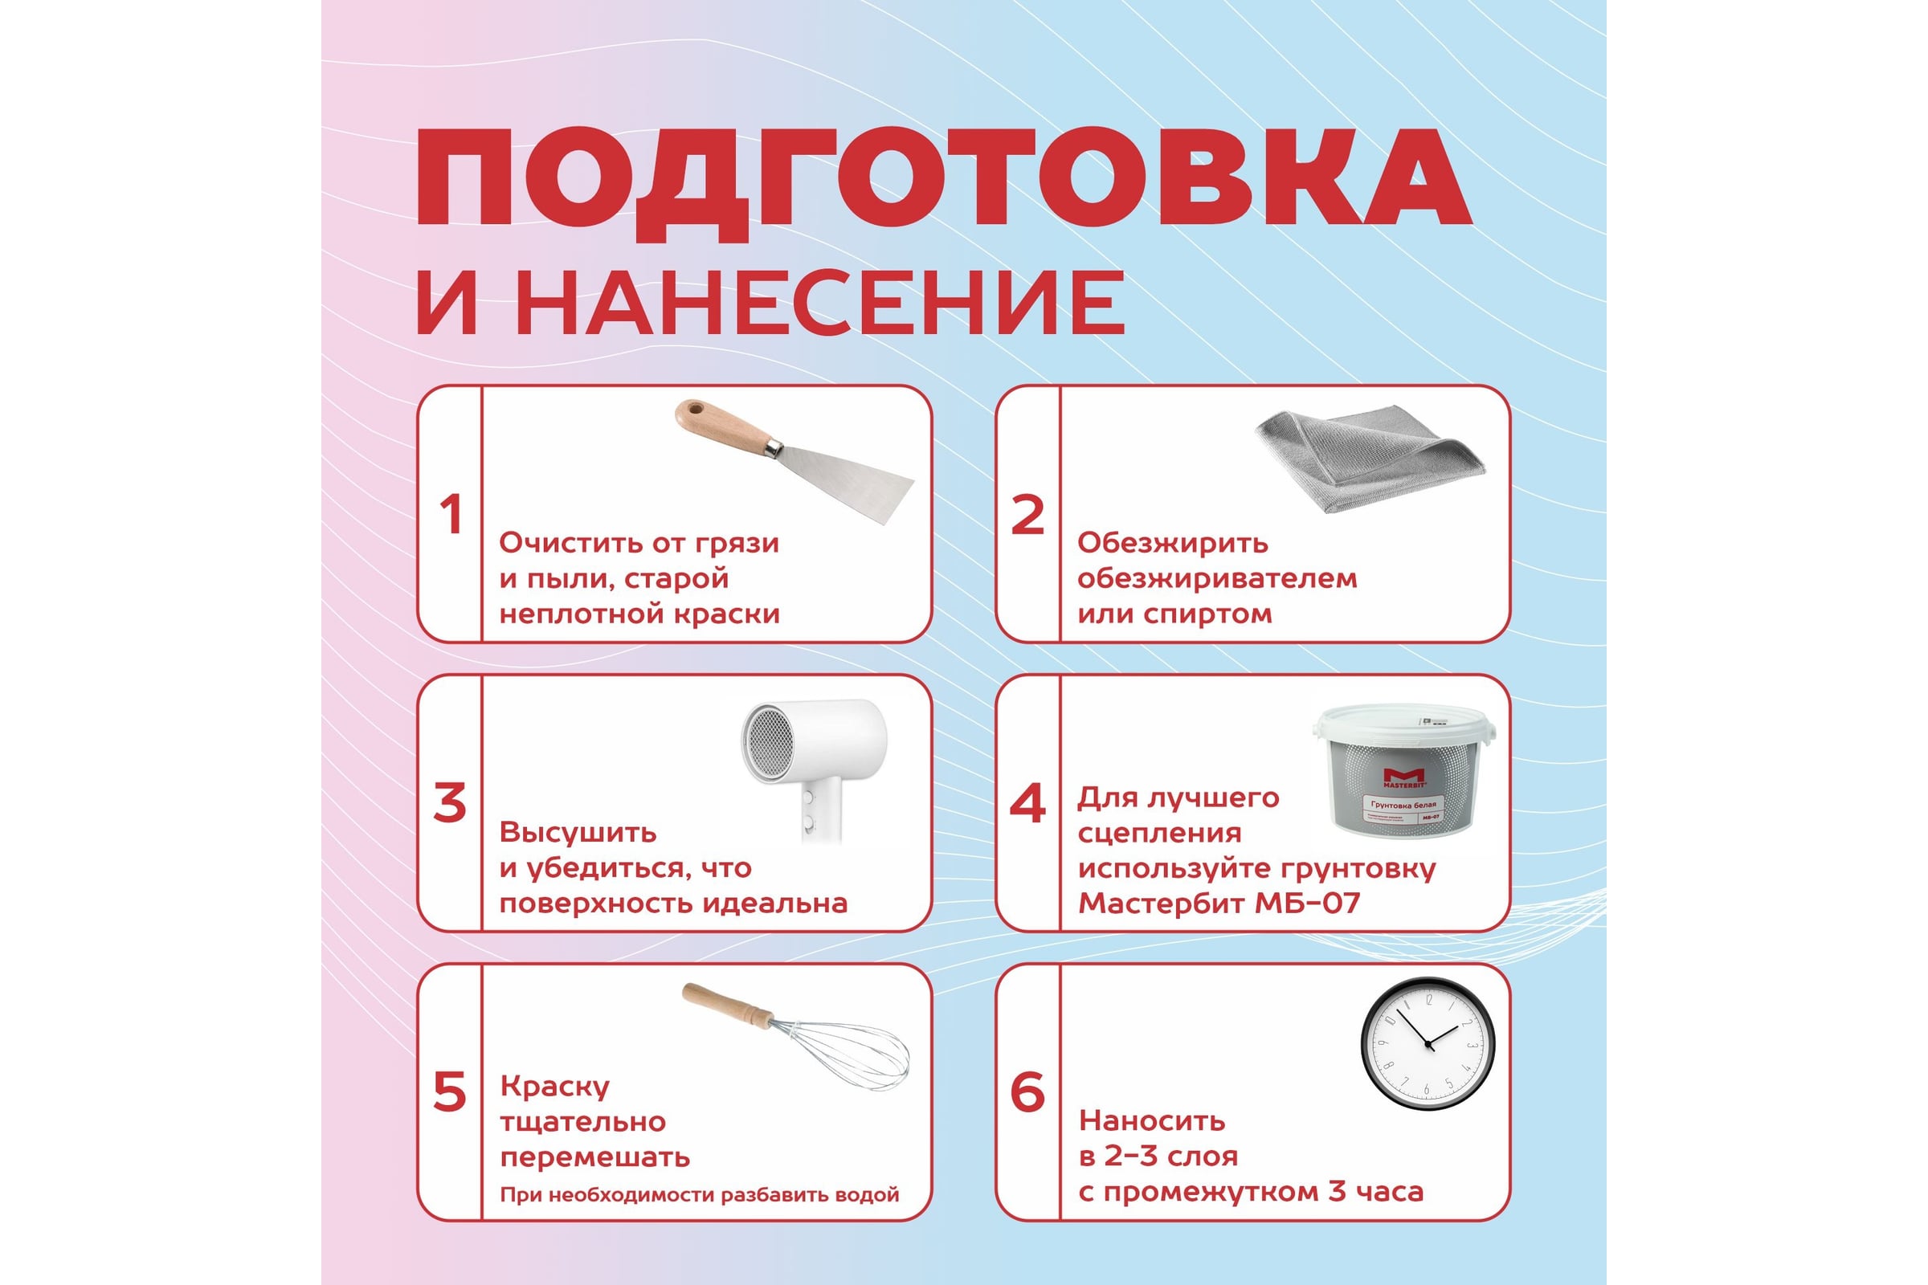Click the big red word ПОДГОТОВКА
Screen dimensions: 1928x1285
(x=943, y=184)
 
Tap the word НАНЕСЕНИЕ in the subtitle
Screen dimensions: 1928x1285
(x=820, y=304)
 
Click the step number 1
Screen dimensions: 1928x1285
(x=451, y=515)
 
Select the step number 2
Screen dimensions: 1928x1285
(x=1028, y=515)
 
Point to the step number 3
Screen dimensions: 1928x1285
(x=450, y=803)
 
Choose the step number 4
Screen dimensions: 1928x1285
(x=1028, y=803)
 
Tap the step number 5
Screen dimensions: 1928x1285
(x=450, y=1092)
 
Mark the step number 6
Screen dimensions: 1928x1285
(x=1028, y=1092)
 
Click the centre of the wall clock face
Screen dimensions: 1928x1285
(x=1429, y=1044)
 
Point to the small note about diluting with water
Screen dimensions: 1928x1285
(x=699, y=1195)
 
